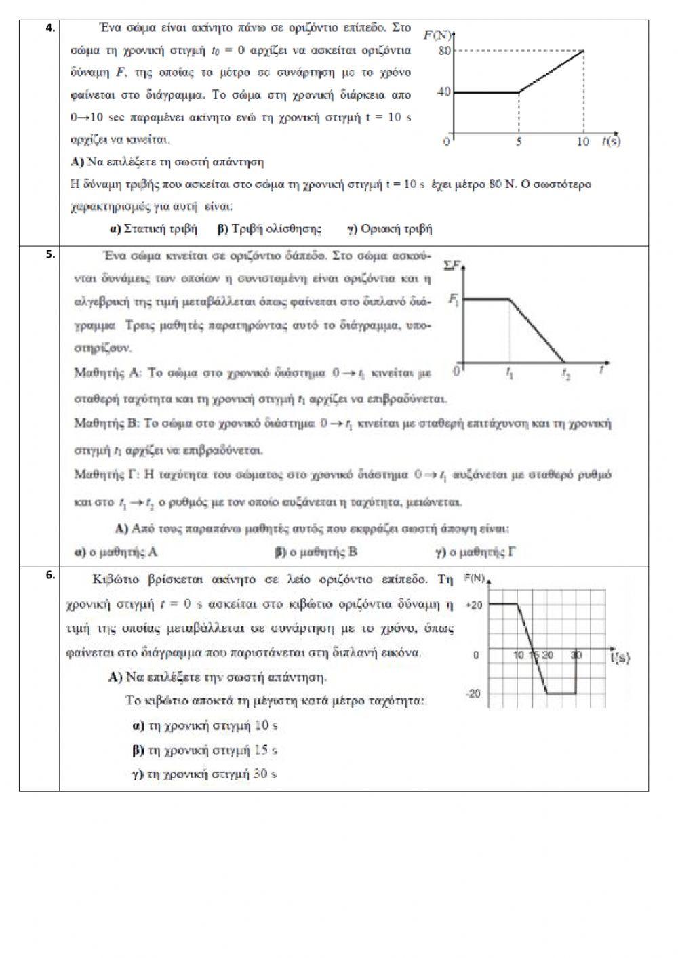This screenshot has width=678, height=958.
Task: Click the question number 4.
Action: (x=49, y=28)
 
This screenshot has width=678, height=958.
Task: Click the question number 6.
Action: (x=49, y=576)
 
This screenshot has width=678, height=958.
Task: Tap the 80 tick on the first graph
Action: (x=444, y=51)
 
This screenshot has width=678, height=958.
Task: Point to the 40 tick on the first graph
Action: (x=444, y=92)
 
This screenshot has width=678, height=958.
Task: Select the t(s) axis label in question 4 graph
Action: (x=610, y=141)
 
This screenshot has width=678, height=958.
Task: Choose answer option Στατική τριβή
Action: (x=153, y=229)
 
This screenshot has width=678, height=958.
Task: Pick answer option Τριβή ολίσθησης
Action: (x=269, y=229)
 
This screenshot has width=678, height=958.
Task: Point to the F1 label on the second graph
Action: (x=453, y=299)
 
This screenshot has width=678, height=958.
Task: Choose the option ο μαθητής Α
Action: (x=116, y=552)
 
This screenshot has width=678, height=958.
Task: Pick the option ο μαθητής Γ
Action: (x=475, y=552)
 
